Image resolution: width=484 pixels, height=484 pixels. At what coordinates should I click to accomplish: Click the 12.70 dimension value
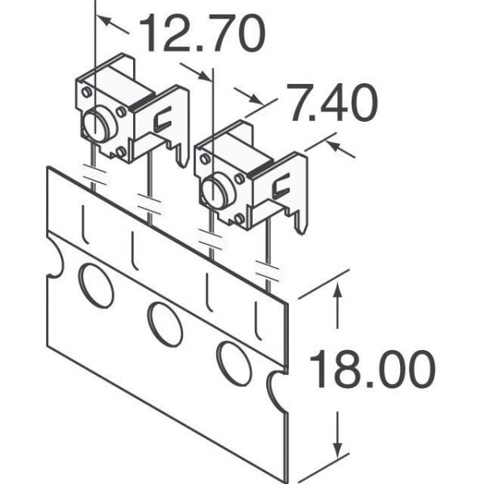tap(202, 33)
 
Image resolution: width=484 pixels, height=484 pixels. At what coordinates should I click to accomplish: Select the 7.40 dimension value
tap(332, 102)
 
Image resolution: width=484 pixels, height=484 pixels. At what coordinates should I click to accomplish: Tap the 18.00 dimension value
tap(372, 369)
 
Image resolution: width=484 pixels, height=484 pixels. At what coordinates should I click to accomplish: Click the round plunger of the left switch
tap(96, 125)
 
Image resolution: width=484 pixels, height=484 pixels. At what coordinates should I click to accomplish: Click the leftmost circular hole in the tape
tap(96, 286)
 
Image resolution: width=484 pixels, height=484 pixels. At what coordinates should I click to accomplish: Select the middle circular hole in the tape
tap(165, 324)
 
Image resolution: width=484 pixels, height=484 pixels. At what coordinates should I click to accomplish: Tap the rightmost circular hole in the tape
tap(234, 364)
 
